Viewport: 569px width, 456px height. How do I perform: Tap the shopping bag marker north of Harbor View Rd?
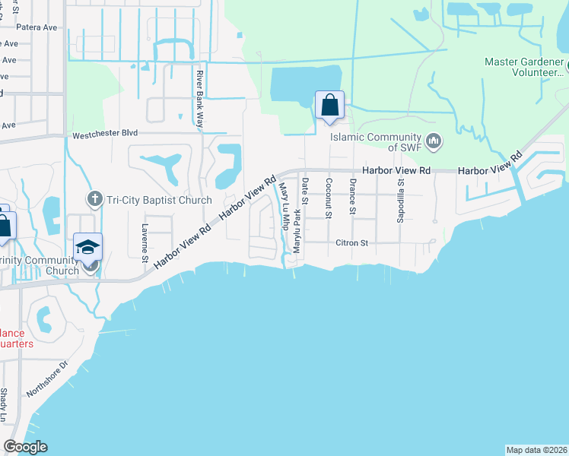329,105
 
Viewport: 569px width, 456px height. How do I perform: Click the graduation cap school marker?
87,247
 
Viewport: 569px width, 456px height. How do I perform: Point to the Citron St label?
351,243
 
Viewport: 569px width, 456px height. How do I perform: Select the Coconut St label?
329,198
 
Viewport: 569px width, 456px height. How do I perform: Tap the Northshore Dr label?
47,379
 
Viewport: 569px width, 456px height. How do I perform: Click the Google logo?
25,447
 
